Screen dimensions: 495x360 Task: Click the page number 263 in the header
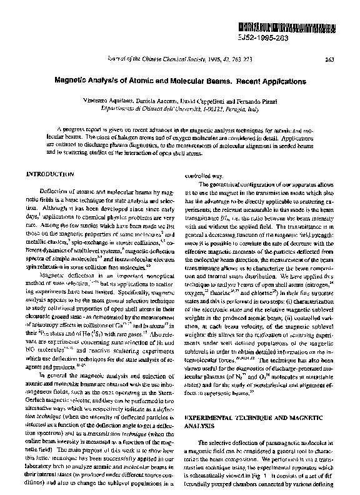point(329,61)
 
